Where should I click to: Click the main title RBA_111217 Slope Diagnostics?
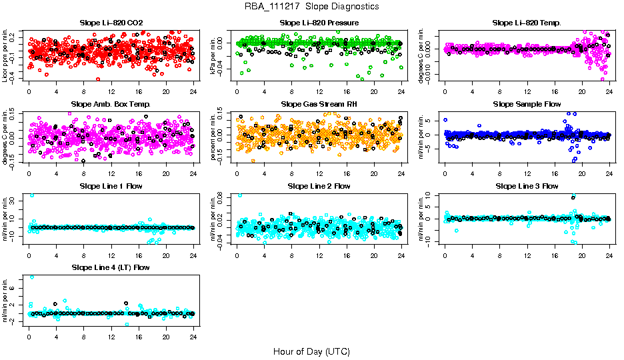(x=311, y=6)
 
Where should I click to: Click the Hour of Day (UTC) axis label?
(x=311, y=351)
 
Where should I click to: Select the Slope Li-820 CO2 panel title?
(x=111, y=23)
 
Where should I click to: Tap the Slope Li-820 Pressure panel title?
(x=319, y=23)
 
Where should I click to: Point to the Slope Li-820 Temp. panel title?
(x=527, y=23)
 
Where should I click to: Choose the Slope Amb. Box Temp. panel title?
(x=111, y=104)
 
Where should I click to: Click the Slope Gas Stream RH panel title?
(x=319, y=104)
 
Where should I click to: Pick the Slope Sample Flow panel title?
(x=527, y=104)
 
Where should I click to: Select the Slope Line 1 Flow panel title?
(x=111, y=186)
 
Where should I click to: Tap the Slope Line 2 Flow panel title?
(x=319, y=186)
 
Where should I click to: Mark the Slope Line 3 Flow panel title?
(x=527, y=186)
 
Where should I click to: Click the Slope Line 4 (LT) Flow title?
(x=111, y=267)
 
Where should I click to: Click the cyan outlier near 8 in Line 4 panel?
(x=31, y=277)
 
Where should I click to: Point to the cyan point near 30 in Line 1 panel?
(x=32, y=195)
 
